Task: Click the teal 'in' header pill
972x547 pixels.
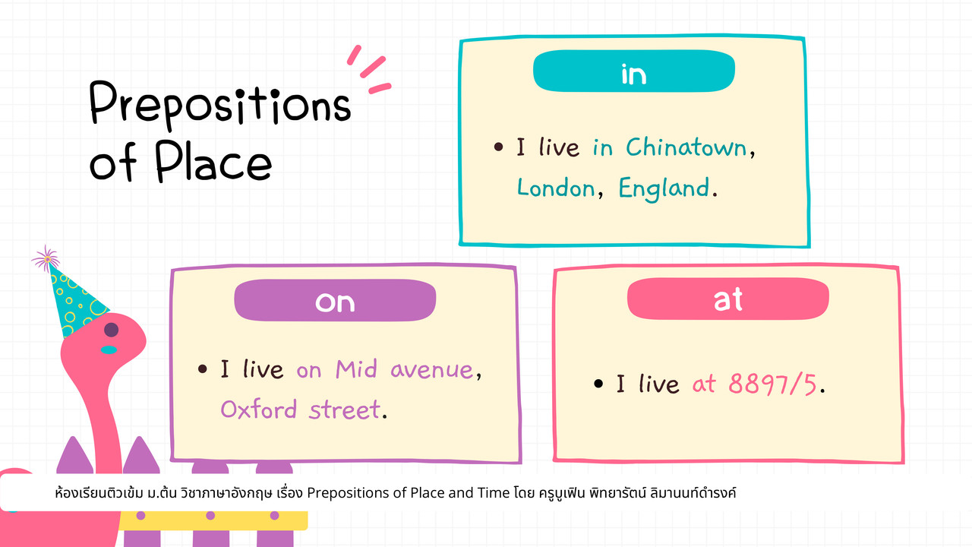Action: click(634, 71)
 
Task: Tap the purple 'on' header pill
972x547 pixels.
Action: click(335, 300)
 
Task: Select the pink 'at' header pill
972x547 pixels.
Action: click(728, 299)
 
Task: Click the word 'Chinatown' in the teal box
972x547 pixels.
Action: click(686, 147)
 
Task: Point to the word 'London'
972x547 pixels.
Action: click(556, 188)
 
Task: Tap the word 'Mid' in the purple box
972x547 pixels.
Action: click(356, 369)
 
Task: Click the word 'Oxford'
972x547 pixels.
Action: click(259, 409)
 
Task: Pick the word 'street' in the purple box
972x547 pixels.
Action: click(345, 409)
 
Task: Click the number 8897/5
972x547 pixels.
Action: click(772, 384)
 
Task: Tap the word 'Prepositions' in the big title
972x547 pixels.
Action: click(220, 104)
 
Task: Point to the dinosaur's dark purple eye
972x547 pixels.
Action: click(112, 330)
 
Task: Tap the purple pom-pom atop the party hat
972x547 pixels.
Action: click(46, 259)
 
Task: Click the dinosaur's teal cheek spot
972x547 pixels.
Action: click(109, 349)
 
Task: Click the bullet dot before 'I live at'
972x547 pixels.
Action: click(598, 384)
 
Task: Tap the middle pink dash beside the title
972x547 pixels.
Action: click(373, 68)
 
